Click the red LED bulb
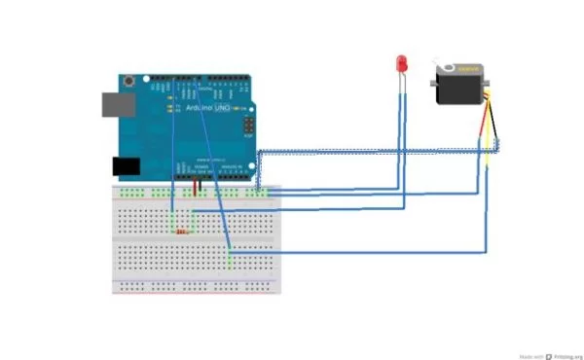(401, 64)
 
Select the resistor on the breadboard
(181, 232)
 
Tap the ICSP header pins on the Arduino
(249, 126)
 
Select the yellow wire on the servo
(484, 146)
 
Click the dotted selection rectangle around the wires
(380, 152)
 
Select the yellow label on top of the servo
(470, 69)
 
